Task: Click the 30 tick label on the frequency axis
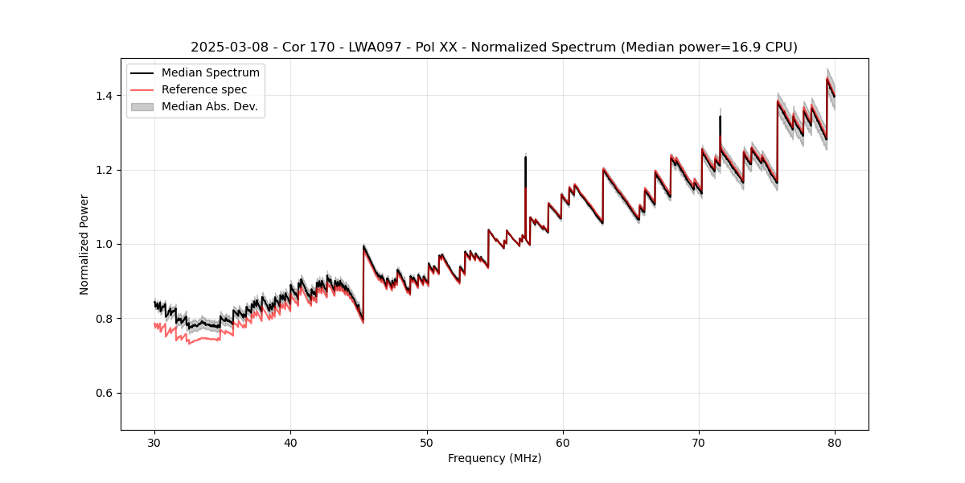click(154, 443)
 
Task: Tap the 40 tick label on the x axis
click(290, 443)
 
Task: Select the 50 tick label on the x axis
click(427, 443)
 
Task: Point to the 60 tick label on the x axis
click(563, 443)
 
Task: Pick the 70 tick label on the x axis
click(699, 443)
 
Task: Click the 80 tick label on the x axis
click(835, 443)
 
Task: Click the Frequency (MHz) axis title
click(495, 458)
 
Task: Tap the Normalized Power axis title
click(84, 244)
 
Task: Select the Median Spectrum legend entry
click(210, 73)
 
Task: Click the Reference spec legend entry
click(204, 89)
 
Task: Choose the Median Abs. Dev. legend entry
click(209, 106)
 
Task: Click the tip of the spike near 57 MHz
click(525, 156)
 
